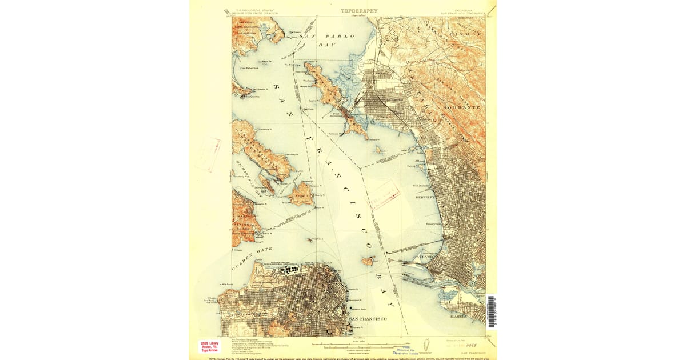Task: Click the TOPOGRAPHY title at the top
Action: click(359, 11)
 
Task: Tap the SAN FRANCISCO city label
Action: click(368, 318)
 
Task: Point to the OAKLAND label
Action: click(424, 257)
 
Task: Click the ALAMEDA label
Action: click(458, 315)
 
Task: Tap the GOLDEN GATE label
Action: click(252, 259)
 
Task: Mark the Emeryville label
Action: click(436, 224)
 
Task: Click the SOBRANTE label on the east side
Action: click(462, 107)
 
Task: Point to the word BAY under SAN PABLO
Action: click(327, 44)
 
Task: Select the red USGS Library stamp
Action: click(209, 346)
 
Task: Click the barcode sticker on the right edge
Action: click(492, 311)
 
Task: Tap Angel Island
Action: click(301, 194)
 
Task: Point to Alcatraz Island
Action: click(309, 240)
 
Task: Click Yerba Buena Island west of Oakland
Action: click(368, 261)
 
